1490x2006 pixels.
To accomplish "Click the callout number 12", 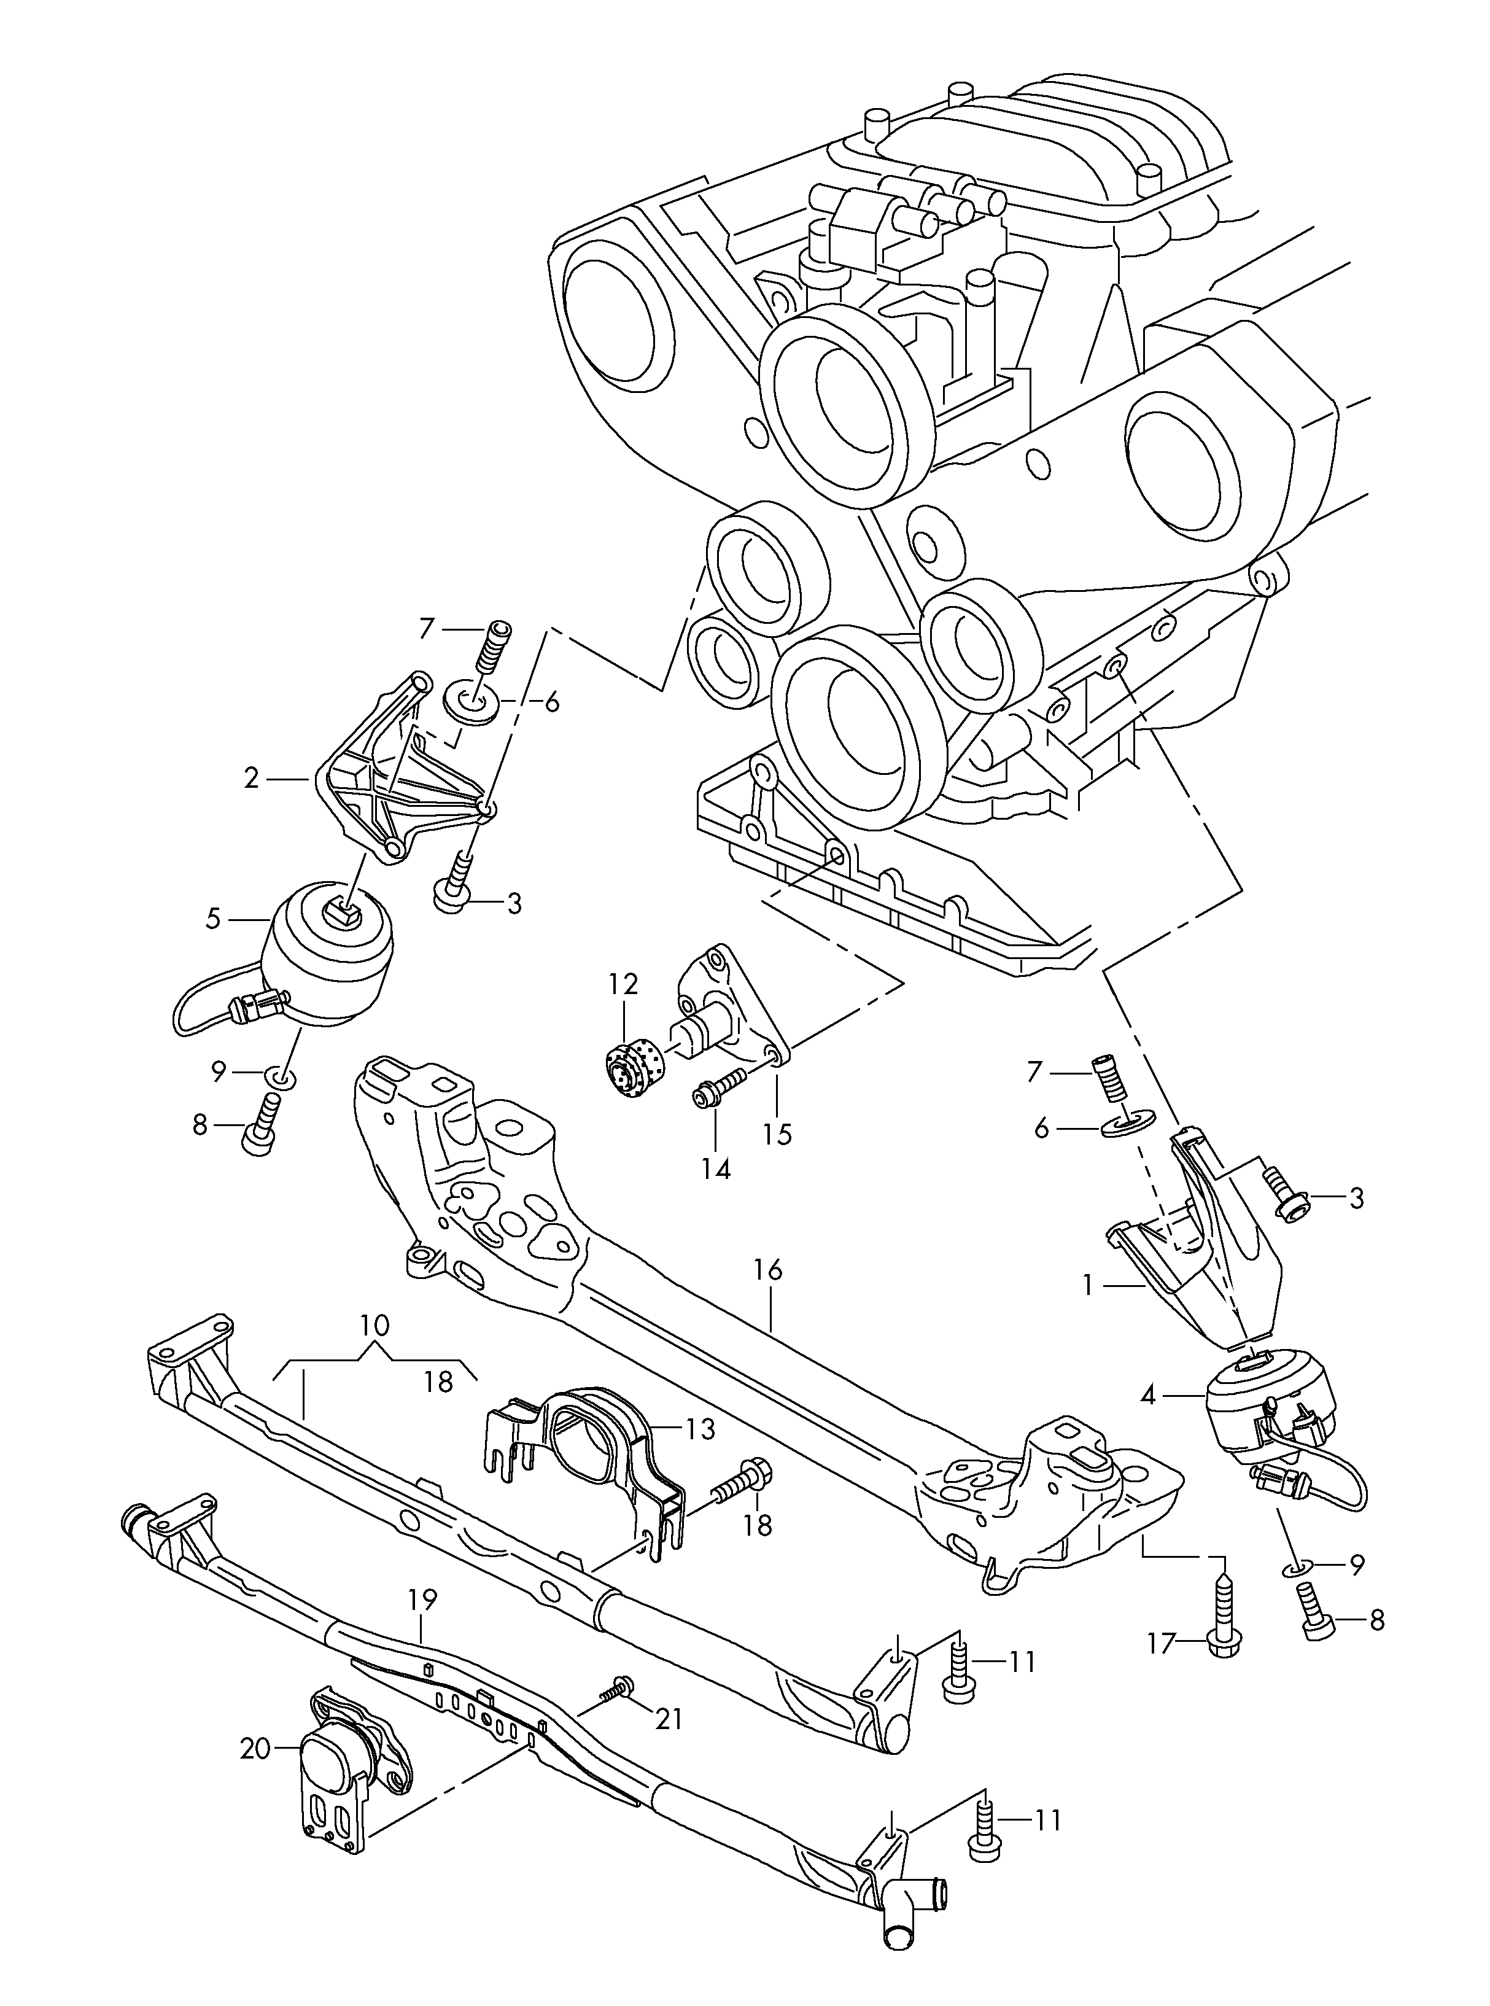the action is pos(623,983).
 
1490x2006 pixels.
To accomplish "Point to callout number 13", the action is pos(700,1429).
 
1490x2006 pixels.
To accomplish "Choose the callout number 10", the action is pos(374,1326).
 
